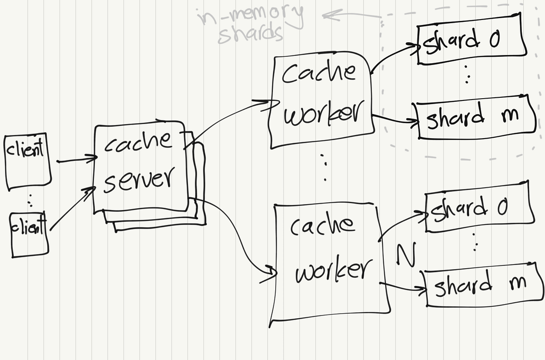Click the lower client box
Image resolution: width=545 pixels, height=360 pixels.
[x=29, y=235]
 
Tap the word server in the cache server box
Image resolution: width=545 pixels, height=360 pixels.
[x=139, y=178]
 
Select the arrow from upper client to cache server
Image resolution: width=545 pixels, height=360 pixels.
[x=76, y=160]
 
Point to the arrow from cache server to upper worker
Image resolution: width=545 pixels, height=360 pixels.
[x=232, y=119]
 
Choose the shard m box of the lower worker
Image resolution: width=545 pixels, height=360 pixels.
[x=481, y=284]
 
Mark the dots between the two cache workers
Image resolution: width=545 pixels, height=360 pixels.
[x=324, y=167]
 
